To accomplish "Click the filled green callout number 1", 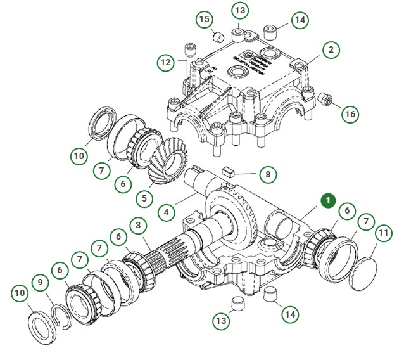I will pos(328,201).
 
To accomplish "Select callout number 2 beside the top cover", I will pos(331,49).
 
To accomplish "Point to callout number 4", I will pos(166,212).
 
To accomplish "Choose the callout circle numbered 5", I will pos(144,198).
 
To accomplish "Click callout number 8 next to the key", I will pos(268,173).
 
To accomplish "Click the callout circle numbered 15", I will pos(203,19).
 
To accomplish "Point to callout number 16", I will pos(350,114).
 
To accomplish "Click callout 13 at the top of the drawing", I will pos(239,11).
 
